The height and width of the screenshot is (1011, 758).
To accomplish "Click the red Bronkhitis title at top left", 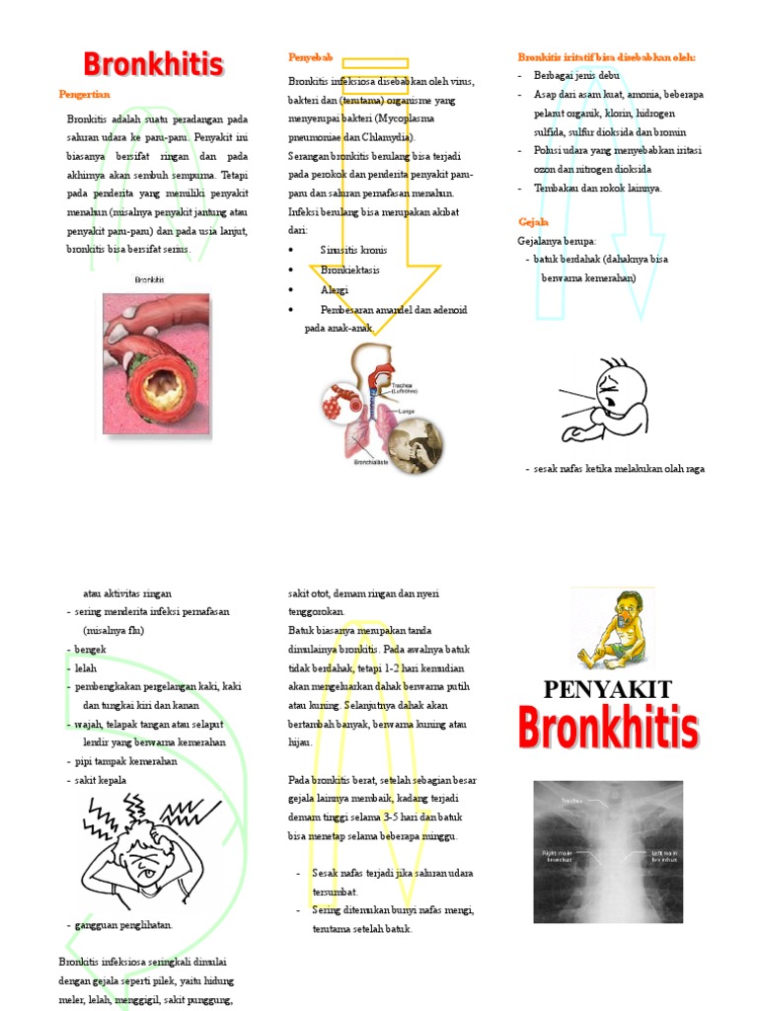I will (x=153, y=64).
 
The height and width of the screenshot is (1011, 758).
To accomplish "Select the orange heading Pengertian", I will (x=84, y=94).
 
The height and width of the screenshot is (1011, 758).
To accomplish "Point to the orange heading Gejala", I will (x=533, y=221).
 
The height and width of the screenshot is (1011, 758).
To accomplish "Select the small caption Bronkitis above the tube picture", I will (x=150, y=280).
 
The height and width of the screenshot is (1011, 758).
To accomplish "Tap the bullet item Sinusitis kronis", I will (x=353, y=251).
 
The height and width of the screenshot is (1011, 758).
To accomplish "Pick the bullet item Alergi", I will (x=335, y=290).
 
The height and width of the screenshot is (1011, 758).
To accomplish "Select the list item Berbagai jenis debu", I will (x=576, y=75).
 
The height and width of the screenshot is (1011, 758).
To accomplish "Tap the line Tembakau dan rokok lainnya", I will (x=598, y=188).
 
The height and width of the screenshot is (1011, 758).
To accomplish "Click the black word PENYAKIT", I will (x=607, y=689).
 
